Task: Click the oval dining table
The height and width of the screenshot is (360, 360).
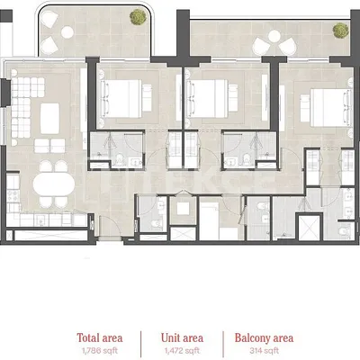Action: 54,184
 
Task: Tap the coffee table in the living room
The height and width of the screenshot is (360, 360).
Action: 49,118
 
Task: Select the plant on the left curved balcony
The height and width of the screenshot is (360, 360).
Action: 138,16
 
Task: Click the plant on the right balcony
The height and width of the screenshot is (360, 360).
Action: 340,31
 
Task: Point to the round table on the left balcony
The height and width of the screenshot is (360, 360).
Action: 67,32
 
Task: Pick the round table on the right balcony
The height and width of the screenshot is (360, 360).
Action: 274,36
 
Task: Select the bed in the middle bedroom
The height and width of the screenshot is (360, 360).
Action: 207,98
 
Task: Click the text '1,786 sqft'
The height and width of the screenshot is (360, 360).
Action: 100,350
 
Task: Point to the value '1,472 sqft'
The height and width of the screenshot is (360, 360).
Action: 182,350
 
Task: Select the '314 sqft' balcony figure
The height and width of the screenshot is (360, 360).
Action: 264,350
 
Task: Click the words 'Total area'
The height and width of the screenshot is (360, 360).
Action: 100,337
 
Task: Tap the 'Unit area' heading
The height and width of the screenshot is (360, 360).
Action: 182,337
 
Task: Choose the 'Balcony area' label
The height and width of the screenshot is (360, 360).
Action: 264,338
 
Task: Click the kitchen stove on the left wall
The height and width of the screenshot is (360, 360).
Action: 13,196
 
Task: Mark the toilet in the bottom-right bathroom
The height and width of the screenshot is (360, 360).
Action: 345,231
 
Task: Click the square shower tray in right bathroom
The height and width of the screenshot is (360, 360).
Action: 309,228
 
